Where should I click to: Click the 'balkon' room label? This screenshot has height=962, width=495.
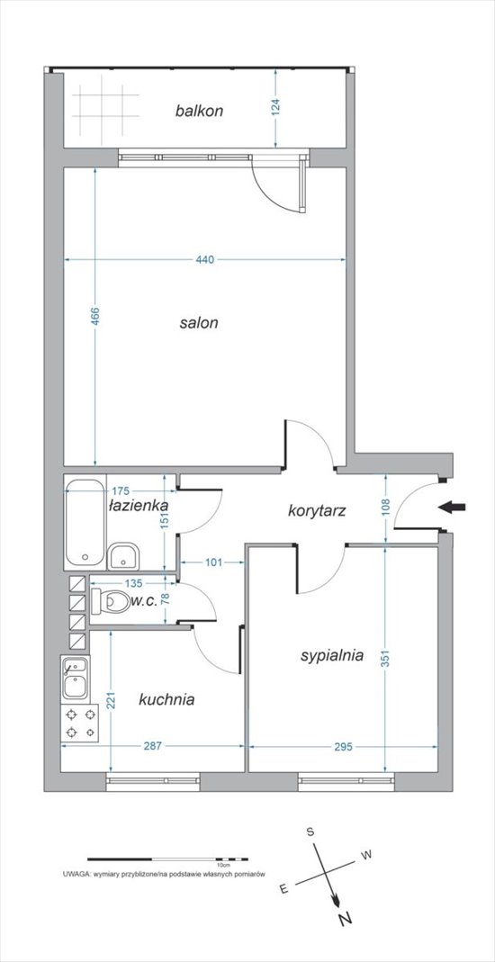click(199, 111)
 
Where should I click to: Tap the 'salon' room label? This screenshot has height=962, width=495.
click(199, 323)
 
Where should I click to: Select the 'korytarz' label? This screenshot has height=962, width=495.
click(318, 510)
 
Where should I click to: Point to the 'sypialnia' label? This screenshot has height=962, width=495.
click(332, 656)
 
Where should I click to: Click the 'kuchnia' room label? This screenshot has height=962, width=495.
click(166, 699)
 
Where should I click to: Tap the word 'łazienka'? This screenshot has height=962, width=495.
click(139, 506)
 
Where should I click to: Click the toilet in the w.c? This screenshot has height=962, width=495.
click(110, 601)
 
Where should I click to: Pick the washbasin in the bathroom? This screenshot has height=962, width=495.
click(124, 557)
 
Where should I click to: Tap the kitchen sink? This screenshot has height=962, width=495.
click(76, 679)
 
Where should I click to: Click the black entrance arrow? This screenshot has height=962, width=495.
click(454, 507)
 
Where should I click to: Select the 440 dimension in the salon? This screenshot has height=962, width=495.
click(205, 259)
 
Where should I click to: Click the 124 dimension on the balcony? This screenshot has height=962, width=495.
click(275, 108)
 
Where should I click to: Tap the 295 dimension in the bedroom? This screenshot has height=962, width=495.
click(343, 746)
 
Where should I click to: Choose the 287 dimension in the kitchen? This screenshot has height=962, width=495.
click(152, 746)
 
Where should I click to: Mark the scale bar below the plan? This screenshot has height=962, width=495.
click(167, 859)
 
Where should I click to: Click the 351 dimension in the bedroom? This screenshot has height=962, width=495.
click(385, 659)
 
